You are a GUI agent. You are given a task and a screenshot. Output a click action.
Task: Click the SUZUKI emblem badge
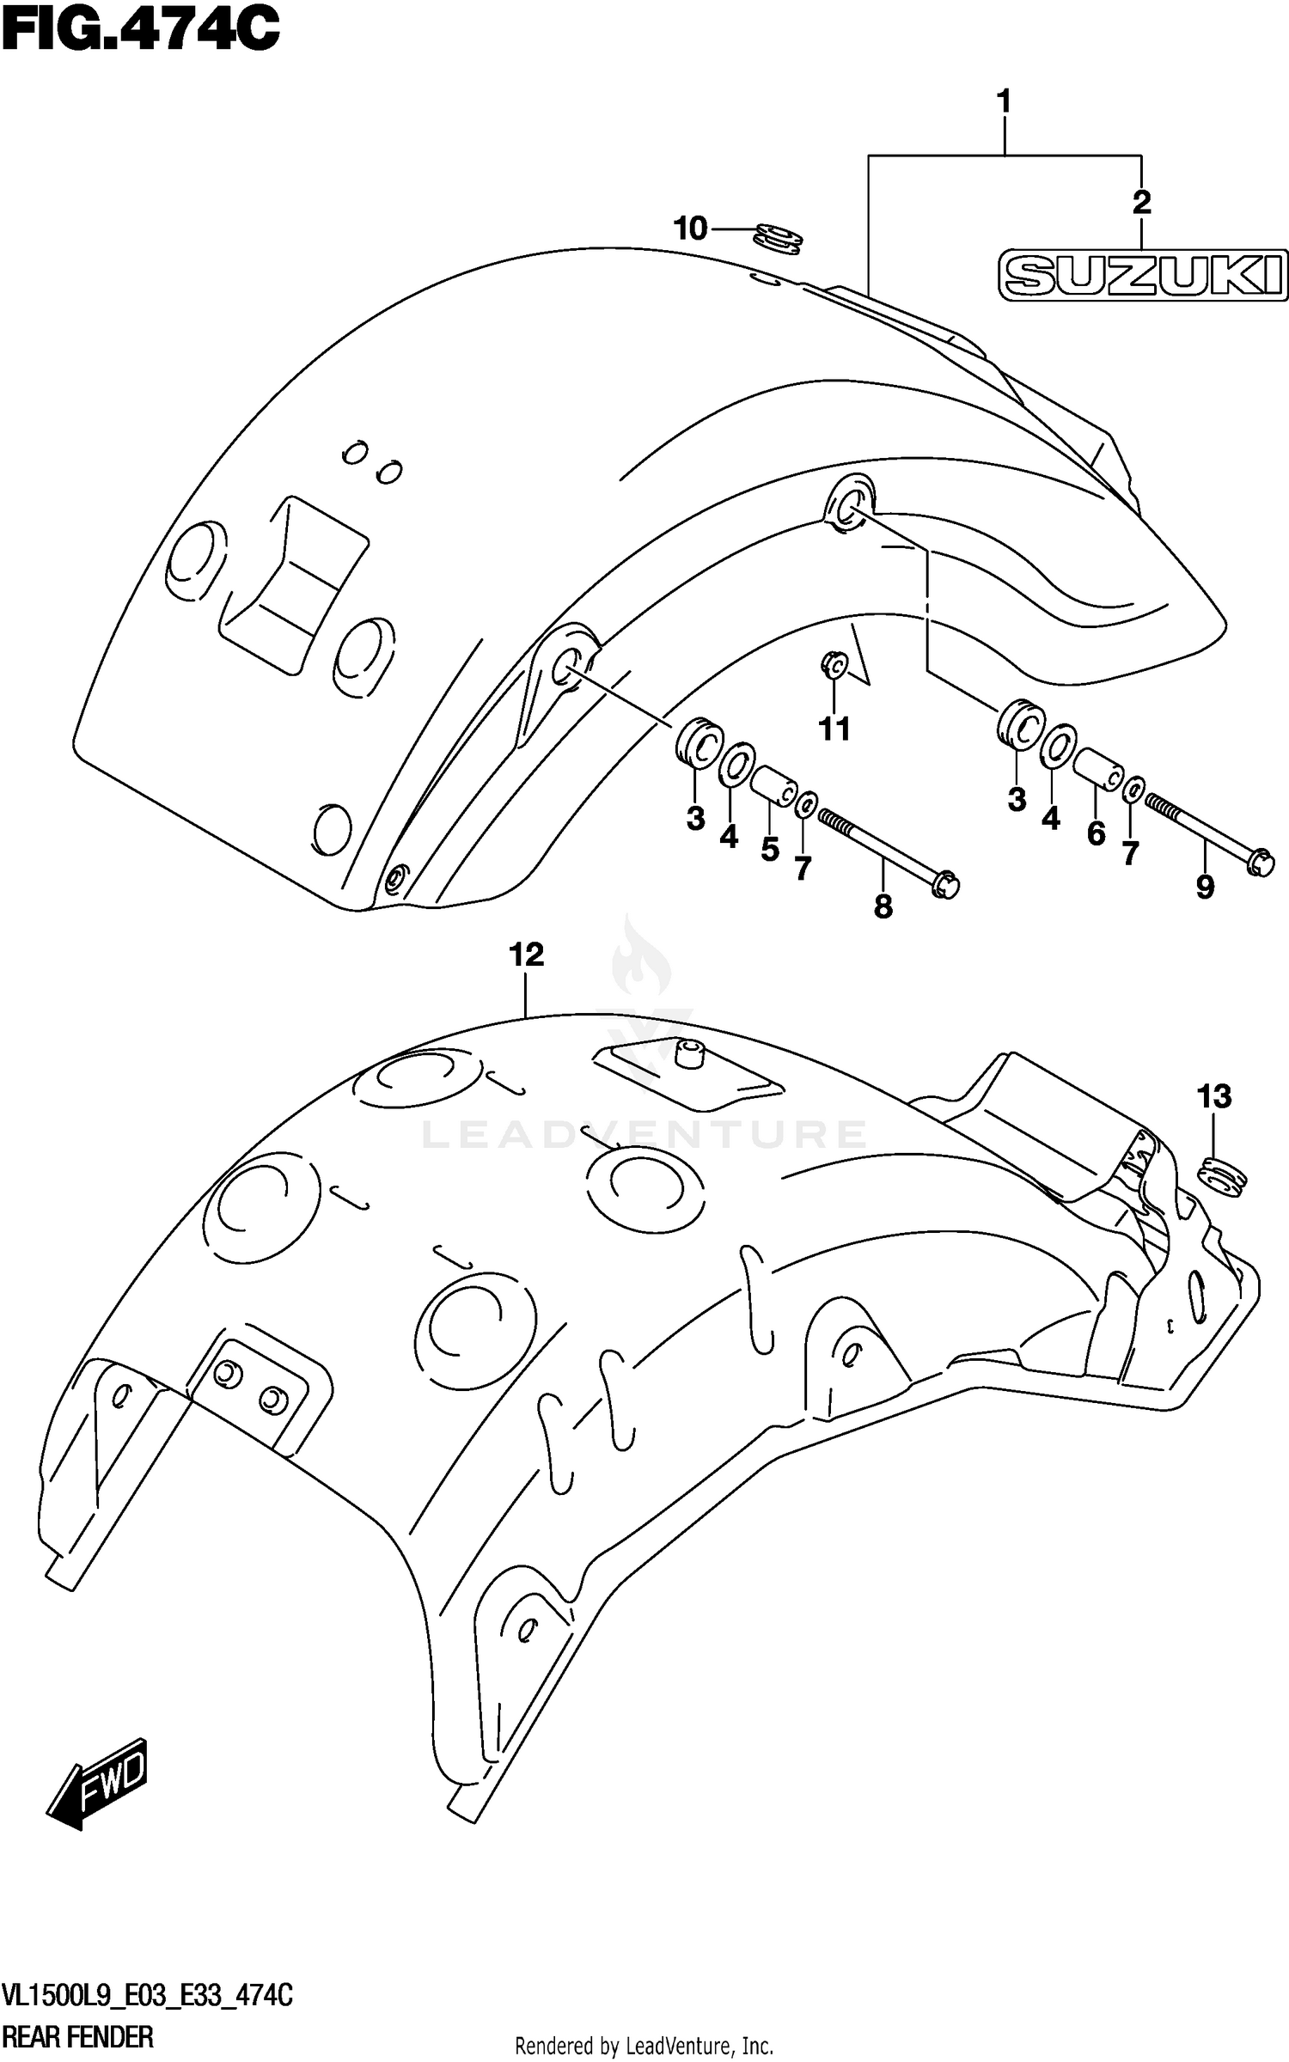click(x=1142, y=276)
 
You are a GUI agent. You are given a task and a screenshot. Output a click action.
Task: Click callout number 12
click(x=526, y=955)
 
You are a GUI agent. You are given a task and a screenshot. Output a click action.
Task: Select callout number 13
click(x=1213, y=1096)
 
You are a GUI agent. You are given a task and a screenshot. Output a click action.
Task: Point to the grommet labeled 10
click(x=778, y=238)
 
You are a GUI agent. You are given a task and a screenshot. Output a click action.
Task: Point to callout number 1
click(x=1003, y=101)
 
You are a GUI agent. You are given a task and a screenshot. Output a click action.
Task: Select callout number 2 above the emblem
click(x=1140, y=203)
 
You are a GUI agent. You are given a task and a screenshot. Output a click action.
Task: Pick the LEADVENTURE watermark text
click(x=644, y=1134)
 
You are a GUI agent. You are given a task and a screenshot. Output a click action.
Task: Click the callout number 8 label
click(x=883, y=906)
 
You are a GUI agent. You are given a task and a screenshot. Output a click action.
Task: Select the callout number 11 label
click(x=834, y=729)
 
